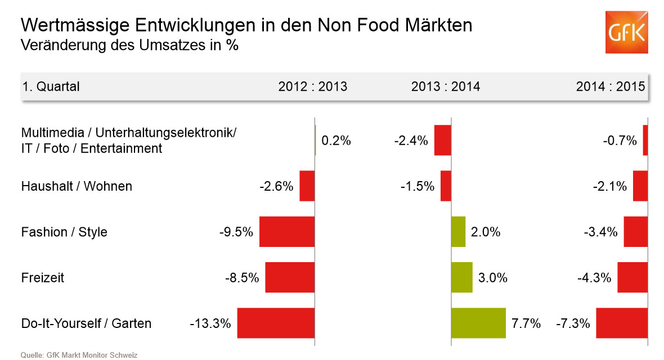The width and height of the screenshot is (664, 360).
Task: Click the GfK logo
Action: click(x=626, y=32)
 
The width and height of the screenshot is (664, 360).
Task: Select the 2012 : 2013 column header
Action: click(x=313, y=87)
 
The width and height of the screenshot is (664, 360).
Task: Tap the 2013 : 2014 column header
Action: click(x=446, y=87)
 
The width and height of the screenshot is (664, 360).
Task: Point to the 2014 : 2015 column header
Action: click(x=611, y=87)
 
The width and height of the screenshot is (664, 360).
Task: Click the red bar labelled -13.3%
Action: click(x=276, y=323)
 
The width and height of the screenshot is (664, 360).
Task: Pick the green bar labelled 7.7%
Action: click(x=478, y=323)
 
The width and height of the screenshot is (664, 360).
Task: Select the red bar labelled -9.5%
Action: click(x=287, y=232)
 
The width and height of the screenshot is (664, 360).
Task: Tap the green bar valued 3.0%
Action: click(x=462, y=277)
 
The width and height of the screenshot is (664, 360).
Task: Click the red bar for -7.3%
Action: click(x=622, y=323)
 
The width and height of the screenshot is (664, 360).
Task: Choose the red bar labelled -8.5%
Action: click(x=290, y=277)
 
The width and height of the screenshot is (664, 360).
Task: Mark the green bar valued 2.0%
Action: click(x=459, y=232)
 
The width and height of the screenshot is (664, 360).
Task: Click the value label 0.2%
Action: click(x=336, y=141)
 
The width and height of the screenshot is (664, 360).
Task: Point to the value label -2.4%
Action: click(x=411, y=141)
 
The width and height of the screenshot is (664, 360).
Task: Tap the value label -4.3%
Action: click(x=594, y=277)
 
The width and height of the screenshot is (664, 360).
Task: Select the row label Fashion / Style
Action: click(x=64, y=232)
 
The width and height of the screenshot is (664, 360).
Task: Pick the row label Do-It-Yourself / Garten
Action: click(x=86, y=323)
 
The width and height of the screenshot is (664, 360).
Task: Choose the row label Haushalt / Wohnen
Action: click(x=77, y=186)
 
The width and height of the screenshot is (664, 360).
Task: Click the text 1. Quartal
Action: click(x=51, y=87)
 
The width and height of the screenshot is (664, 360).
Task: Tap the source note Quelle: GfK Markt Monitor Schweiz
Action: click(x=79, y=355)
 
